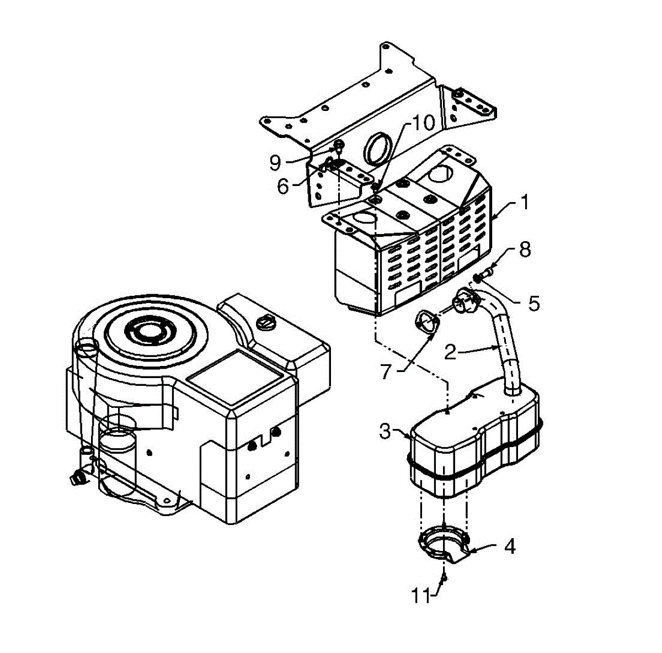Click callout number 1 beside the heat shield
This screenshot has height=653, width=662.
(x=525, y=203)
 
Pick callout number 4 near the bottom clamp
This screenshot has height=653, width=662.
(x=509, y=546)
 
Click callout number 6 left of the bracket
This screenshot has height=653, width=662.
(x=282, y=187)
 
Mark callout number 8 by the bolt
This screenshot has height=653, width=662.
(x=524, y=249)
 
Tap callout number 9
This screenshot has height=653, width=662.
(x=275, y=162)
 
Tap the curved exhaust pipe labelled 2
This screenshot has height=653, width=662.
(x=505, y=342)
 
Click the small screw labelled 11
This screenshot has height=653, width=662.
(x=444, y=577)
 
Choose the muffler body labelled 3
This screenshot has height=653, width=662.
(x=474, y=442)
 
